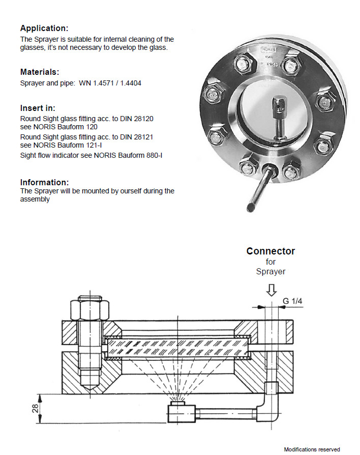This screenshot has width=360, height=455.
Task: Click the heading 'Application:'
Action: point(44,28)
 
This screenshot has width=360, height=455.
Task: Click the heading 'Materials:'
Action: point(39,72)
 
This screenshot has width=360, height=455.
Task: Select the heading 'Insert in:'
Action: point(38,108)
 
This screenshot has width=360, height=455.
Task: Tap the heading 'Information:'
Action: point(44,182)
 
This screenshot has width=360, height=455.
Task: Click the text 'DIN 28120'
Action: point(136,119)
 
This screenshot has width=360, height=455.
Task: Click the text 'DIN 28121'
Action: point(136,136)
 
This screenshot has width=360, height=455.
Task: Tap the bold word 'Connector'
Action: point(271,251)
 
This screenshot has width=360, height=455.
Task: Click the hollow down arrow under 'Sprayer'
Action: point(272,290)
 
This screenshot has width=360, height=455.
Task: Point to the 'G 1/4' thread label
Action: point(293,302)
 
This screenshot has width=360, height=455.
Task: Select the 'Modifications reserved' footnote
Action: point(312,449)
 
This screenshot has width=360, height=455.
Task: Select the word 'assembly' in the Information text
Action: point(35,199)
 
